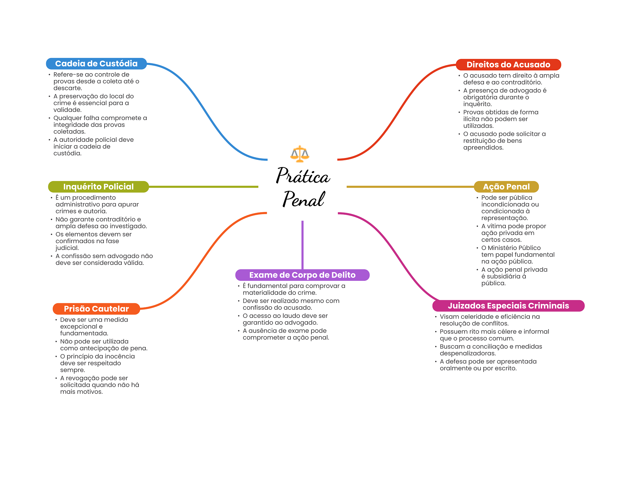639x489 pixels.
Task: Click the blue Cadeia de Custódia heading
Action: click(96, 64)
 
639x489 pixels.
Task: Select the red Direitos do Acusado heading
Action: click(508, 65)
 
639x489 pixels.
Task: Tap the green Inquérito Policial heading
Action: click(98, 187)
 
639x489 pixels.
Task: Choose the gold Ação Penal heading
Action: click(506, 187)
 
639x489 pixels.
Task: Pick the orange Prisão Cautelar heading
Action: click(96, 309)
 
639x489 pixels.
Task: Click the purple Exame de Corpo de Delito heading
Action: click(302, 275)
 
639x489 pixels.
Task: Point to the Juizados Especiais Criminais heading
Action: click(508, 306)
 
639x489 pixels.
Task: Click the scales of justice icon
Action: click(300, 154)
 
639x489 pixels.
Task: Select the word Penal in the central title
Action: click(303, 199)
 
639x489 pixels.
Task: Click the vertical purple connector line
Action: click(302, 245)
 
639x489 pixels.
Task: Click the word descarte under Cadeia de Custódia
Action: click(67, 88)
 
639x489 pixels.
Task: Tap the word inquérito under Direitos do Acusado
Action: click(477, 104)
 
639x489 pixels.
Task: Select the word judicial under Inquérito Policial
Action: click(67, 248)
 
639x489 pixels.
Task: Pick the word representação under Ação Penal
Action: click(504, 218)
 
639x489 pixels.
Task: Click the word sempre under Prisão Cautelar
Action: click(72, 370)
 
